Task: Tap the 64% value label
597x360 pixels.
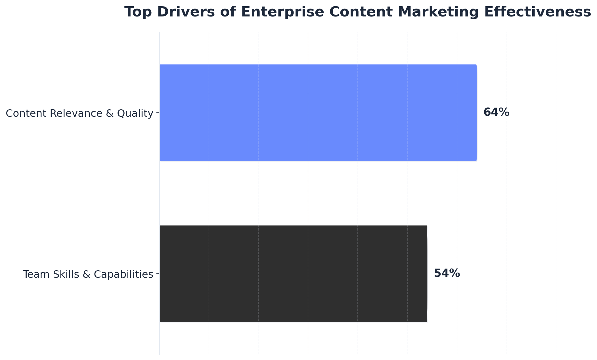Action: [496, 112]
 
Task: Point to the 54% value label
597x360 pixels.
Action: [447, 273]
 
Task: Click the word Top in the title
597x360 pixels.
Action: [135, 12]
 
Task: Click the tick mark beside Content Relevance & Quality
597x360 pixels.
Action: [158, 113]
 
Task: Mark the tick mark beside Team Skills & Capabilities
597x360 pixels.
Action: [158, 274]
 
